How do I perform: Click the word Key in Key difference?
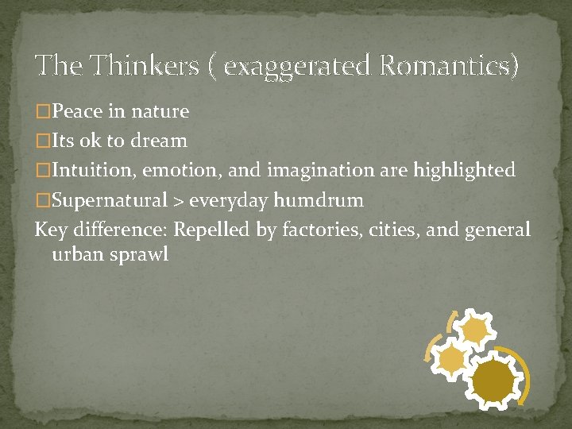pyautogui.click(x=51, y=230)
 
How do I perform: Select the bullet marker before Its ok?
pyautogui.click(x=42, y=141)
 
